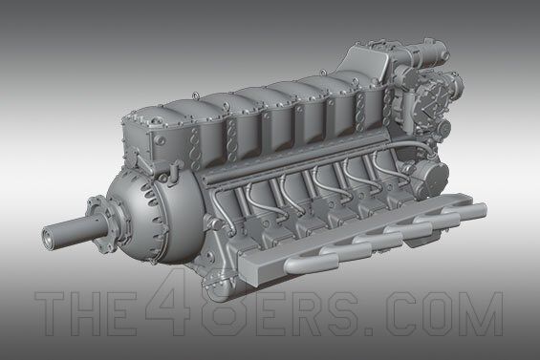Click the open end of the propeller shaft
pyautogui.click(x=48, y=238)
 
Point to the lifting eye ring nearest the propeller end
pyautogui.click(x=196, y=94)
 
